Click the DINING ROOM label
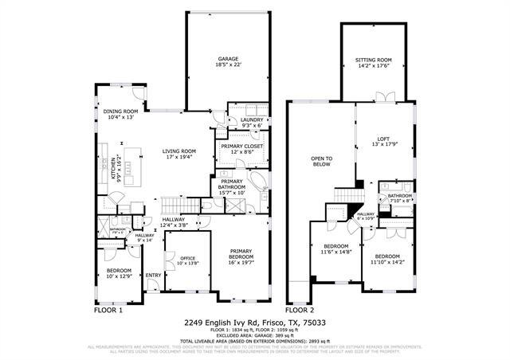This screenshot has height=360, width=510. pos(123,114)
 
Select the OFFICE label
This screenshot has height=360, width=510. pos(177,260)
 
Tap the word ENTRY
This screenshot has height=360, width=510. pos(153,276)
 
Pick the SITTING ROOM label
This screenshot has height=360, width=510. pos(373,63)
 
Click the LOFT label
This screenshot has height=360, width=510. pos(383,141)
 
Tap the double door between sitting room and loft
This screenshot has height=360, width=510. pos(386,97)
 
